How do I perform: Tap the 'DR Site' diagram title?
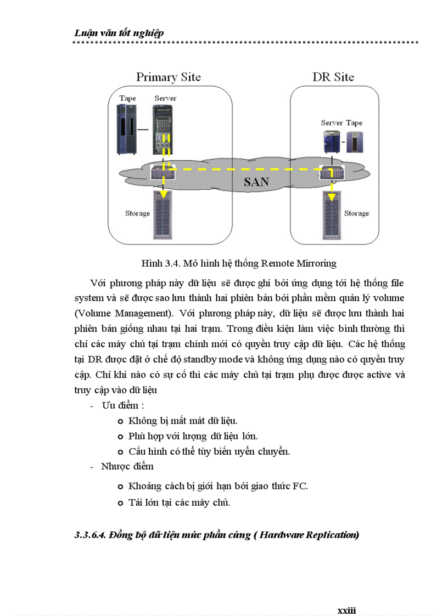tap(333, 77)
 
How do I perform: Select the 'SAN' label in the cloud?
tap(256, 182)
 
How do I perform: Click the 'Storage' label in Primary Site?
tap(137, 213)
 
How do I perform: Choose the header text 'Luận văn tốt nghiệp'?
tap(119, 33)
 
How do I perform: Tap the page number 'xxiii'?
tap(346, 610)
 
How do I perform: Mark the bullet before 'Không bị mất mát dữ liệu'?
tap(120, 421)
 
